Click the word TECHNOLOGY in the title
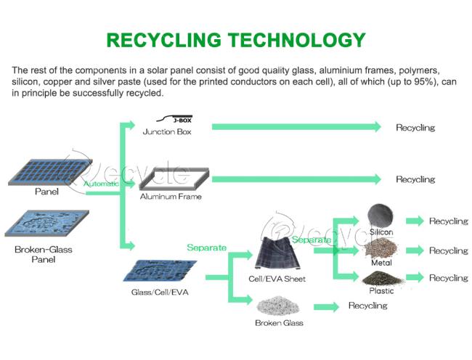click(296, 40)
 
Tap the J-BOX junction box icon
click(174, 119)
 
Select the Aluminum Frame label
click(171, 197)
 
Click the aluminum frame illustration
click(174, 179)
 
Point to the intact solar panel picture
click(49, 171)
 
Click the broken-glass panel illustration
click(47, 223)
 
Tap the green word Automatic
click(101, 184)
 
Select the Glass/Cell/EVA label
click(160, 292)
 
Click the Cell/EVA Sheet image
click(277, 253)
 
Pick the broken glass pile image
click(278, 306)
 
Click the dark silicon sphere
click(381, 216)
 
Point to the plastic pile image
click(382, 278)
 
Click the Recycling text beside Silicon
click(449, 221)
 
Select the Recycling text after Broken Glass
click(368, 306)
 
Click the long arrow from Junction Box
click(296, 127)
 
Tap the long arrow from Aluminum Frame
click(296, 179)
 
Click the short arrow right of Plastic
click(415, 277)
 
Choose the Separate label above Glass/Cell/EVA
click(206, 247)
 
